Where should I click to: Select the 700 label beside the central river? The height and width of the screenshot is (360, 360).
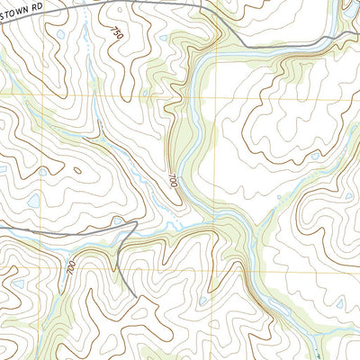171,180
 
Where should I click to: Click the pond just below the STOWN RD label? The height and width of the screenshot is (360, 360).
59,35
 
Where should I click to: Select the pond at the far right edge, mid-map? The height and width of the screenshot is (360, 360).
348,194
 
